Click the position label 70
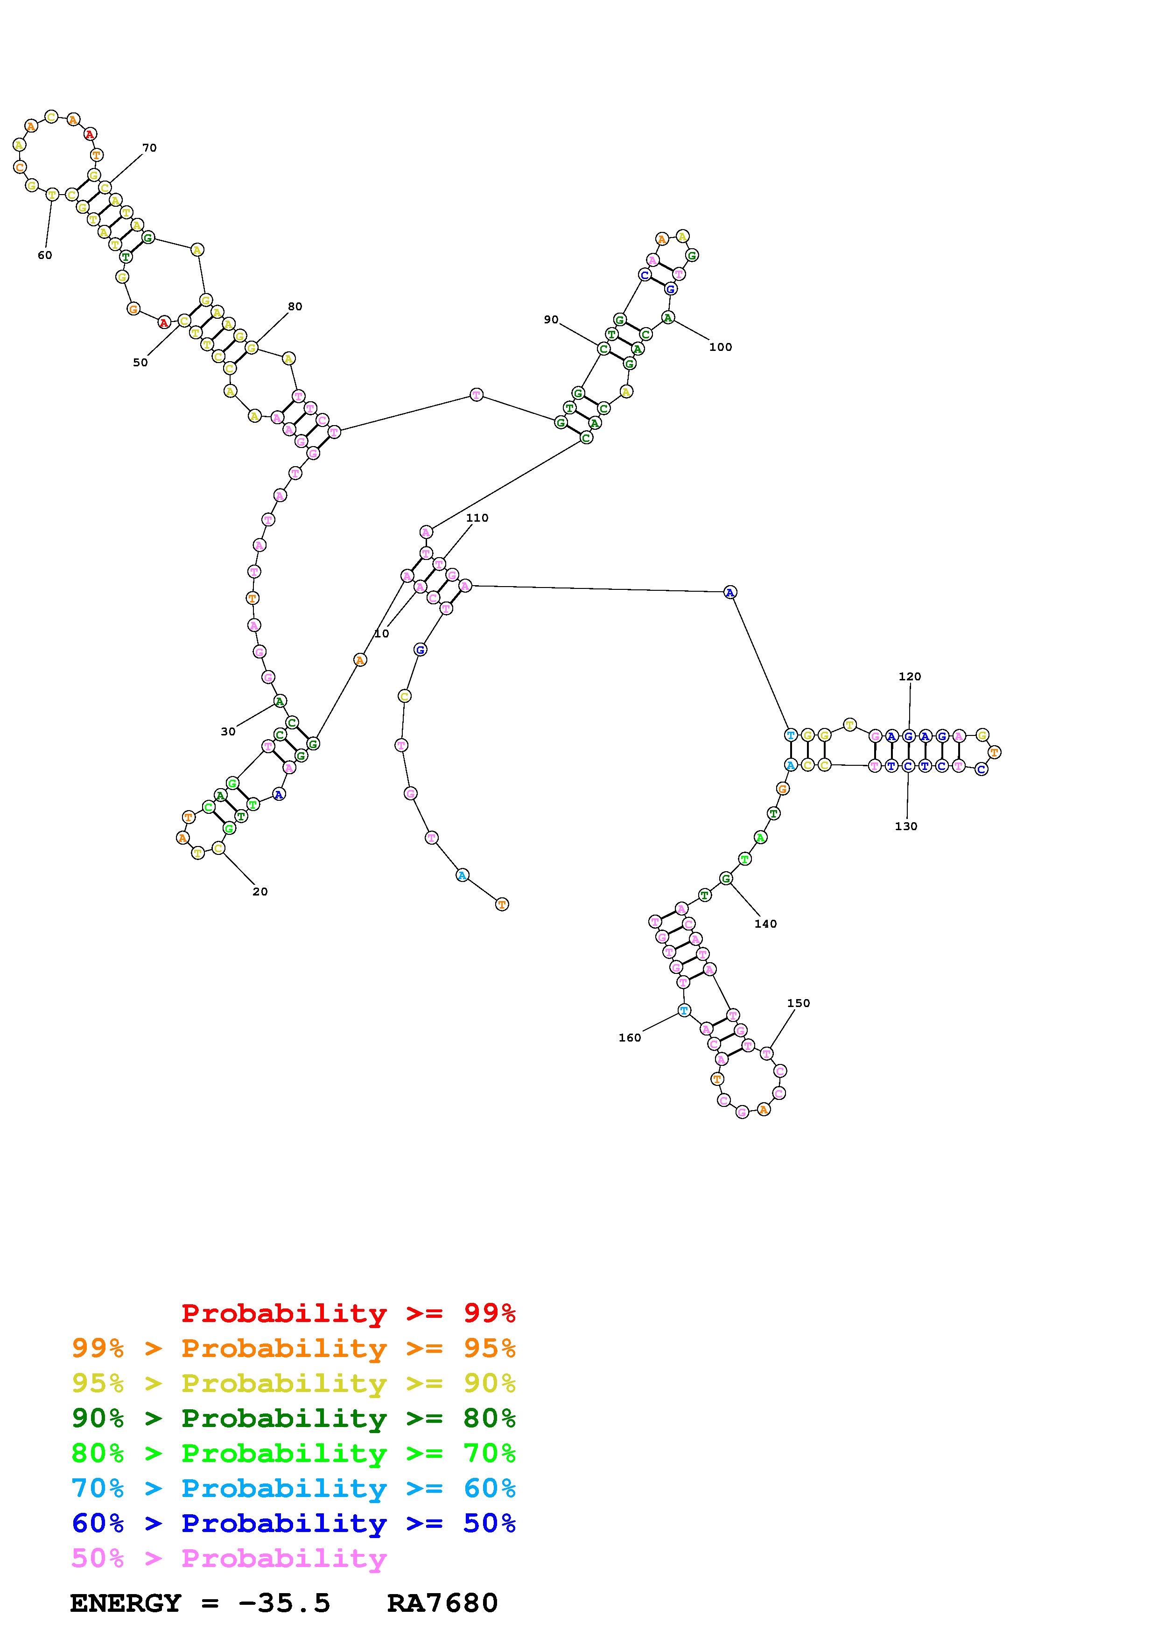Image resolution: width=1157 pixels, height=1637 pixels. (149, 148)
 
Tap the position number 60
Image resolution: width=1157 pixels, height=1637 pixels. (45, 255)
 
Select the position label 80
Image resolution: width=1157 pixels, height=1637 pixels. (295, 307)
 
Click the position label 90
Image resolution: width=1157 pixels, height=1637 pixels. (551, 319)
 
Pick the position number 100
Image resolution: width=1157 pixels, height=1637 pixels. (720, 347)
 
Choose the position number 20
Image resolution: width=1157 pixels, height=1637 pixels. (260, 891)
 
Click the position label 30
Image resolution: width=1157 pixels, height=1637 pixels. (228, 732)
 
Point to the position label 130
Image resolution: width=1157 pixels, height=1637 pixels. (906, 826)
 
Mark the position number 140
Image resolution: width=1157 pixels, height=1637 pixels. (765, 924)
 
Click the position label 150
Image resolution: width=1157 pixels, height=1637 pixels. (799, 1003)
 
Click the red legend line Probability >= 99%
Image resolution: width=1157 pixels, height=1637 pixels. (349, 1313)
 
